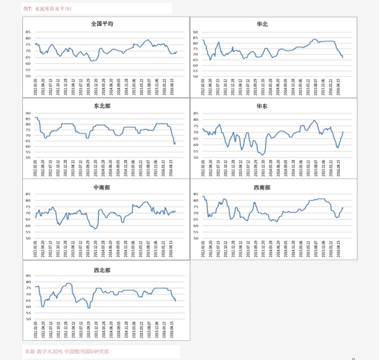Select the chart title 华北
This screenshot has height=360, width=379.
(x=262, y=24)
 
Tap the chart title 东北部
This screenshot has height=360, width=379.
(x=102, y=105)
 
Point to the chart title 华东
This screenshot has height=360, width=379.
(x=262, y=106)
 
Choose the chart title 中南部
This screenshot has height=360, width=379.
(x=102, y=187)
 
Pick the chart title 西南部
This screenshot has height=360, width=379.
(x=262, y=187)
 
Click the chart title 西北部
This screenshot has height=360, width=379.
(x=102, y=270)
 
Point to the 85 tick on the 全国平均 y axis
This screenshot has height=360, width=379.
(x=28, y=32)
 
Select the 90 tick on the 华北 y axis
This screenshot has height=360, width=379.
(x=195, y=32)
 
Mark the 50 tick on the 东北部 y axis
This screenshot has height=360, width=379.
(x=28, y=157)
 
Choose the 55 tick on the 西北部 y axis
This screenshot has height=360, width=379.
(x=28, y=313)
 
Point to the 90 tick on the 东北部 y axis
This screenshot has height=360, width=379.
(x=28, y=113)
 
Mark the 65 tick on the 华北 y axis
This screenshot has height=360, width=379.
(x=195, y=59)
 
